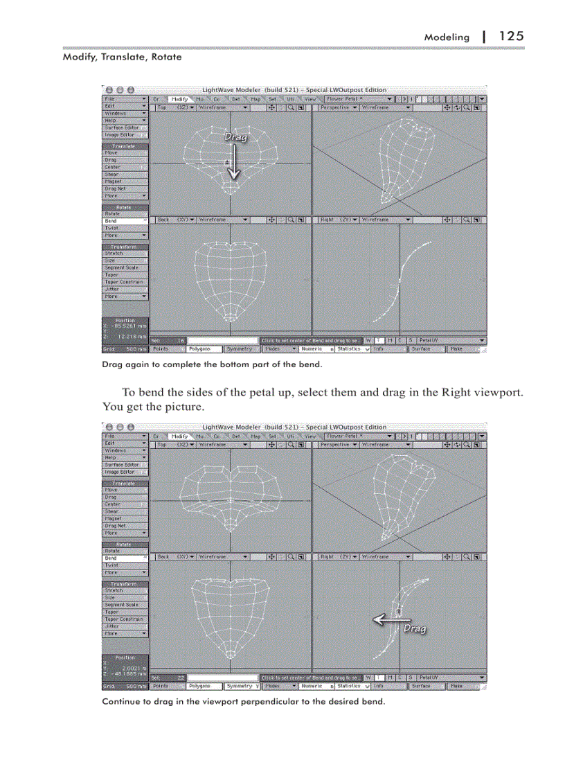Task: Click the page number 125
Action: pos(510,36)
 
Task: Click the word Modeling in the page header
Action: pos(446,37)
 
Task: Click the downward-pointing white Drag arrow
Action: pos(234,163)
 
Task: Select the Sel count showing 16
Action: pos(180,341)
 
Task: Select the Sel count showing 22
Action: pos(180,678)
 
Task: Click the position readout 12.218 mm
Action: pos(132,337)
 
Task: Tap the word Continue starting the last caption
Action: pos(120,701)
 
